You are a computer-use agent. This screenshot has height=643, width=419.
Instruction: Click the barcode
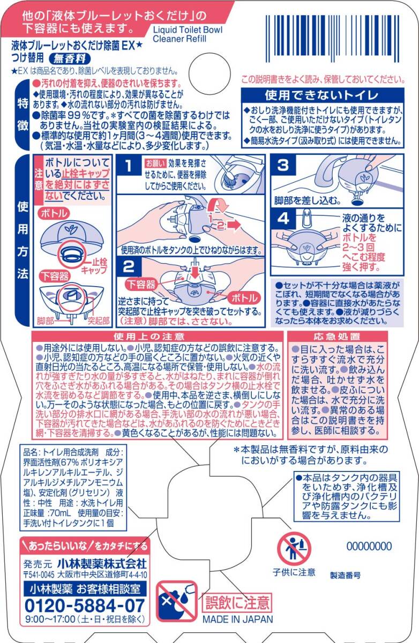click(335, 39)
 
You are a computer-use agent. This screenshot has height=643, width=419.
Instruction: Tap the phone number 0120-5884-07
click(85, 605)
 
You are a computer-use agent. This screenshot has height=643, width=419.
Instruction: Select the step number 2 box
click(129, 266)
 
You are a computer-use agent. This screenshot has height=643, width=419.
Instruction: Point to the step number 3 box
click(283, 165)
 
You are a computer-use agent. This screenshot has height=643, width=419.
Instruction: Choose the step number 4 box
click(283, 219)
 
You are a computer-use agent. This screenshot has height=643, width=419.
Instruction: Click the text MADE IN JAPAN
click(237, 619)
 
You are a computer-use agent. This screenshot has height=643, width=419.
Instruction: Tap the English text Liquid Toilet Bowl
click(188, 29)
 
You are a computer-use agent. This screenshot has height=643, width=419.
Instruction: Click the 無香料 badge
click(70, 59)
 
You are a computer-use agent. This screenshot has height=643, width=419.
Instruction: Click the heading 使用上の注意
click(149, 337)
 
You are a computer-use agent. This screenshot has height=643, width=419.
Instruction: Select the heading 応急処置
click(336, 337)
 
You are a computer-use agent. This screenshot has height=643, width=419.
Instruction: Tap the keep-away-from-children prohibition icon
click(294, 549)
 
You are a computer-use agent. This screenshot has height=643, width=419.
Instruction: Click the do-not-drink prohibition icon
click(177, 601)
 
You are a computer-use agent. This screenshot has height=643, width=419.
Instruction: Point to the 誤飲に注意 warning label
click(237, 602)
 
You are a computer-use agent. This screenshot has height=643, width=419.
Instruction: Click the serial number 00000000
click(369, 546)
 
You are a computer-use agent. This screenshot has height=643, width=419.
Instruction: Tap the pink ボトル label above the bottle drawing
click(54, 213)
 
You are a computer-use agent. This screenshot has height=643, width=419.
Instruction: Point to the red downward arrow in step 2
click(195, 272)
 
